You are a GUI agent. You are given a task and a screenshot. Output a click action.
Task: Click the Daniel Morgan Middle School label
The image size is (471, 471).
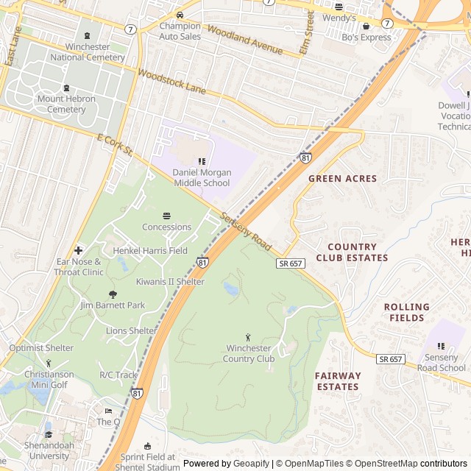(202, 177)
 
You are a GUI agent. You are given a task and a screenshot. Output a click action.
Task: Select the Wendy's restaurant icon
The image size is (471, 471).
(339, 6)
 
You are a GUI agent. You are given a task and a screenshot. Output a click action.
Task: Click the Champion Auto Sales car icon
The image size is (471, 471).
(180, 15)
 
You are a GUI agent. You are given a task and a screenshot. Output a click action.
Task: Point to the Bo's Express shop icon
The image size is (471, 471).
(366, 26)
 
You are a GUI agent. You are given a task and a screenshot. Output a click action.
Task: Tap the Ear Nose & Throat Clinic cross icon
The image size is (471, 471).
(79, 250)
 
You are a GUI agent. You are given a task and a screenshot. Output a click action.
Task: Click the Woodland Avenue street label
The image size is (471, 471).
(244, 40)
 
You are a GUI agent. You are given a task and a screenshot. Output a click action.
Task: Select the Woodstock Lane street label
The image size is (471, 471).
(171, 82)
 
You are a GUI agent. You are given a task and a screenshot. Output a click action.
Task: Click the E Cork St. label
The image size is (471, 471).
(114, 144)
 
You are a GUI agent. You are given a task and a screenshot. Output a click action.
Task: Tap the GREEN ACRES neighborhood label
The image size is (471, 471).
(342, 178)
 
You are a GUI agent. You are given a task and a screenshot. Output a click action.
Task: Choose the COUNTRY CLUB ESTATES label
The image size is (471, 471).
(352, 252)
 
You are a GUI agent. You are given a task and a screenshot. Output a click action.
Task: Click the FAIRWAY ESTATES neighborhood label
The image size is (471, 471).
(338, 380)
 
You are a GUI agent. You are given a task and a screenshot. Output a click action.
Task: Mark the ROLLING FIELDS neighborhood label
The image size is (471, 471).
(406, 312)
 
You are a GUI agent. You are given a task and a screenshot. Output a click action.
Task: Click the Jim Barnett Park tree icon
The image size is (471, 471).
(113, 294)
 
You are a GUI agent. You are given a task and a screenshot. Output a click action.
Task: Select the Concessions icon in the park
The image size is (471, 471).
(166, 216)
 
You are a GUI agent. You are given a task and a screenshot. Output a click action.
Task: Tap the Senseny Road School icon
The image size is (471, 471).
(442, 346)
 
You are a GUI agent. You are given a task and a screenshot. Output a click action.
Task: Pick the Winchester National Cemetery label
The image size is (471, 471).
(88, 52)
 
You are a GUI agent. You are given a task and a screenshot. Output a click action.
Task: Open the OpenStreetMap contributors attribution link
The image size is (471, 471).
(417, 464)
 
